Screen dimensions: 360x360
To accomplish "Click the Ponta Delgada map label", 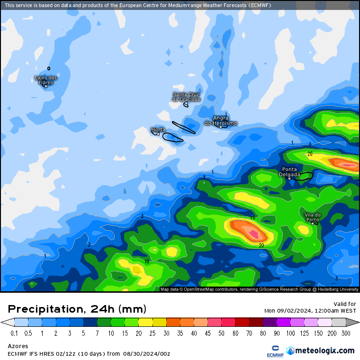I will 290,171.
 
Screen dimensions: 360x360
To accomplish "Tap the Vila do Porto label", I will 312,217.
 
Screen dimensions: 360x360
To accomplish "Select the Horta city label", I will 158,129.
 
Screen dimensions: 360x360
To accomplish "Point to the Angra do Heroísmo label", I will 221,120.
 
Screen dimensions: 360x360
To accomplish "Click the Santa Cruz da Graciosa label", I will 186,97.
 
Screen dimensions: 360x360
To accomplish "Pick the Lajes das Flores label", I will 46,80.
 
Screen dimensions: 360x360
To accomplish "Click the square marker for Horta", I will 158,134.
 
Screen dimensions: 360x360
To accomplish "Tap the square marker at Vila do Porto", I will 312,223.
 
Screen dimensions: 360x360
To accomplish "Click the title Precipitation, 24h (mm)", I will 77,309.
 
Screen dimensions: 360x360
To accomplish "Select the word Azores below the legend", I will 18,346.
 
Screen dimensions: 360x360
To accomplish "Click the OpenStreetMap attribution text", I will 259,289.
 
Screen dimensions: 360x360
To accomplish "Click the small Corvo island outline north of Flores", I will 48,68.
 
